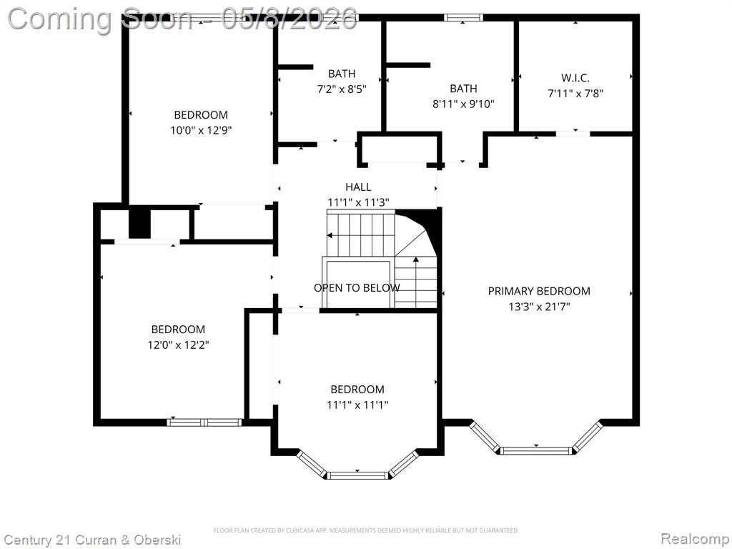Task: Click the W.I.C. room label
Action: click(x=575, y=78)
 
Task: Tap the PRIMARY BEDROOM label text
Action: click(x=539, y=292)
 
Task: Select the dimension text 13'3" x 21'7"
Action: click(x=539, y=307)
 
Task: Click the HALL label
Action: click(x=359, y=187)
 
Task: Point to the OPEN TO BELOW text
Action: click(x=357, y=288)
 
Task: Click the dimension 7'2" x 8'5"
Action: click(x=342, y=89)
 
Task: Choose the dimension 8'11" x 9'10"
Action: click(x=463, y=104)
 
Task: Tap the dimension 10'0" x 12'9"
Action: click(x=201, y=130)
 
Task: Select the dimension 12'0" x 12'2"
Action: click(x=178, y=345)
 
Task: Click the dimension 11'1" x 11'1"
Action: click(x=357, y=405)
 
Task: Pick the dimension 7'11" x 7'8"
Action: click(x=575, y=94)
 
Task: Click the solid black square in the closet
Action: click(x=139, y=224)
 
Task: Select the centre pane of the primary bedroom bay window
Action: click(x=536, y=450)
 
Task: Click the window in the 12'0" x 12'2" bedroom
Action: click(x=204, y=422)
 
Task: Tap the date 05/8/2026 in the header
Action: click(x=290, y=19)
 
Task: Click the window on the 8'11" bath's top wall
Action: click(x=463, y=18)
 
